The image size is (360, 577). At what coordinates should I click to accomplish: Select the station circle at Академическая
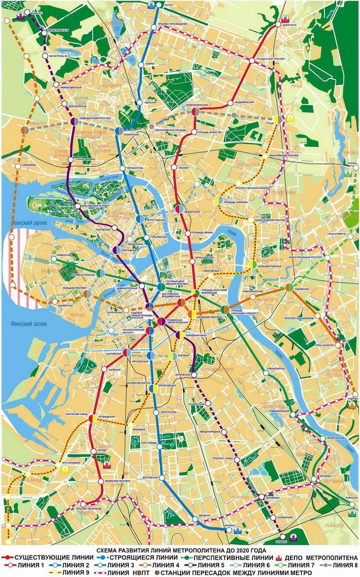tap(230, 103)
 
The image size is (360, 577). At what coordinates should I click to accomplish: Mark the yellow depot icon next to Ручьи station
tap(291, 120)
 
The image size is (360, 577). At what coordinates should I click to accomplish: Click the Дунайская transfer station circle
tap(261, 497)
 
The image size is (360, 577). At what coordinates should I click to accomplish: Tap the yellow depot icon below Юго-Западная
tap(66, 469)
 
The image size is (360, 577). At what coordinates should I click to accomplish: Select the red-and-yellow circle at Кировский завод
tap(91, 418)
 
